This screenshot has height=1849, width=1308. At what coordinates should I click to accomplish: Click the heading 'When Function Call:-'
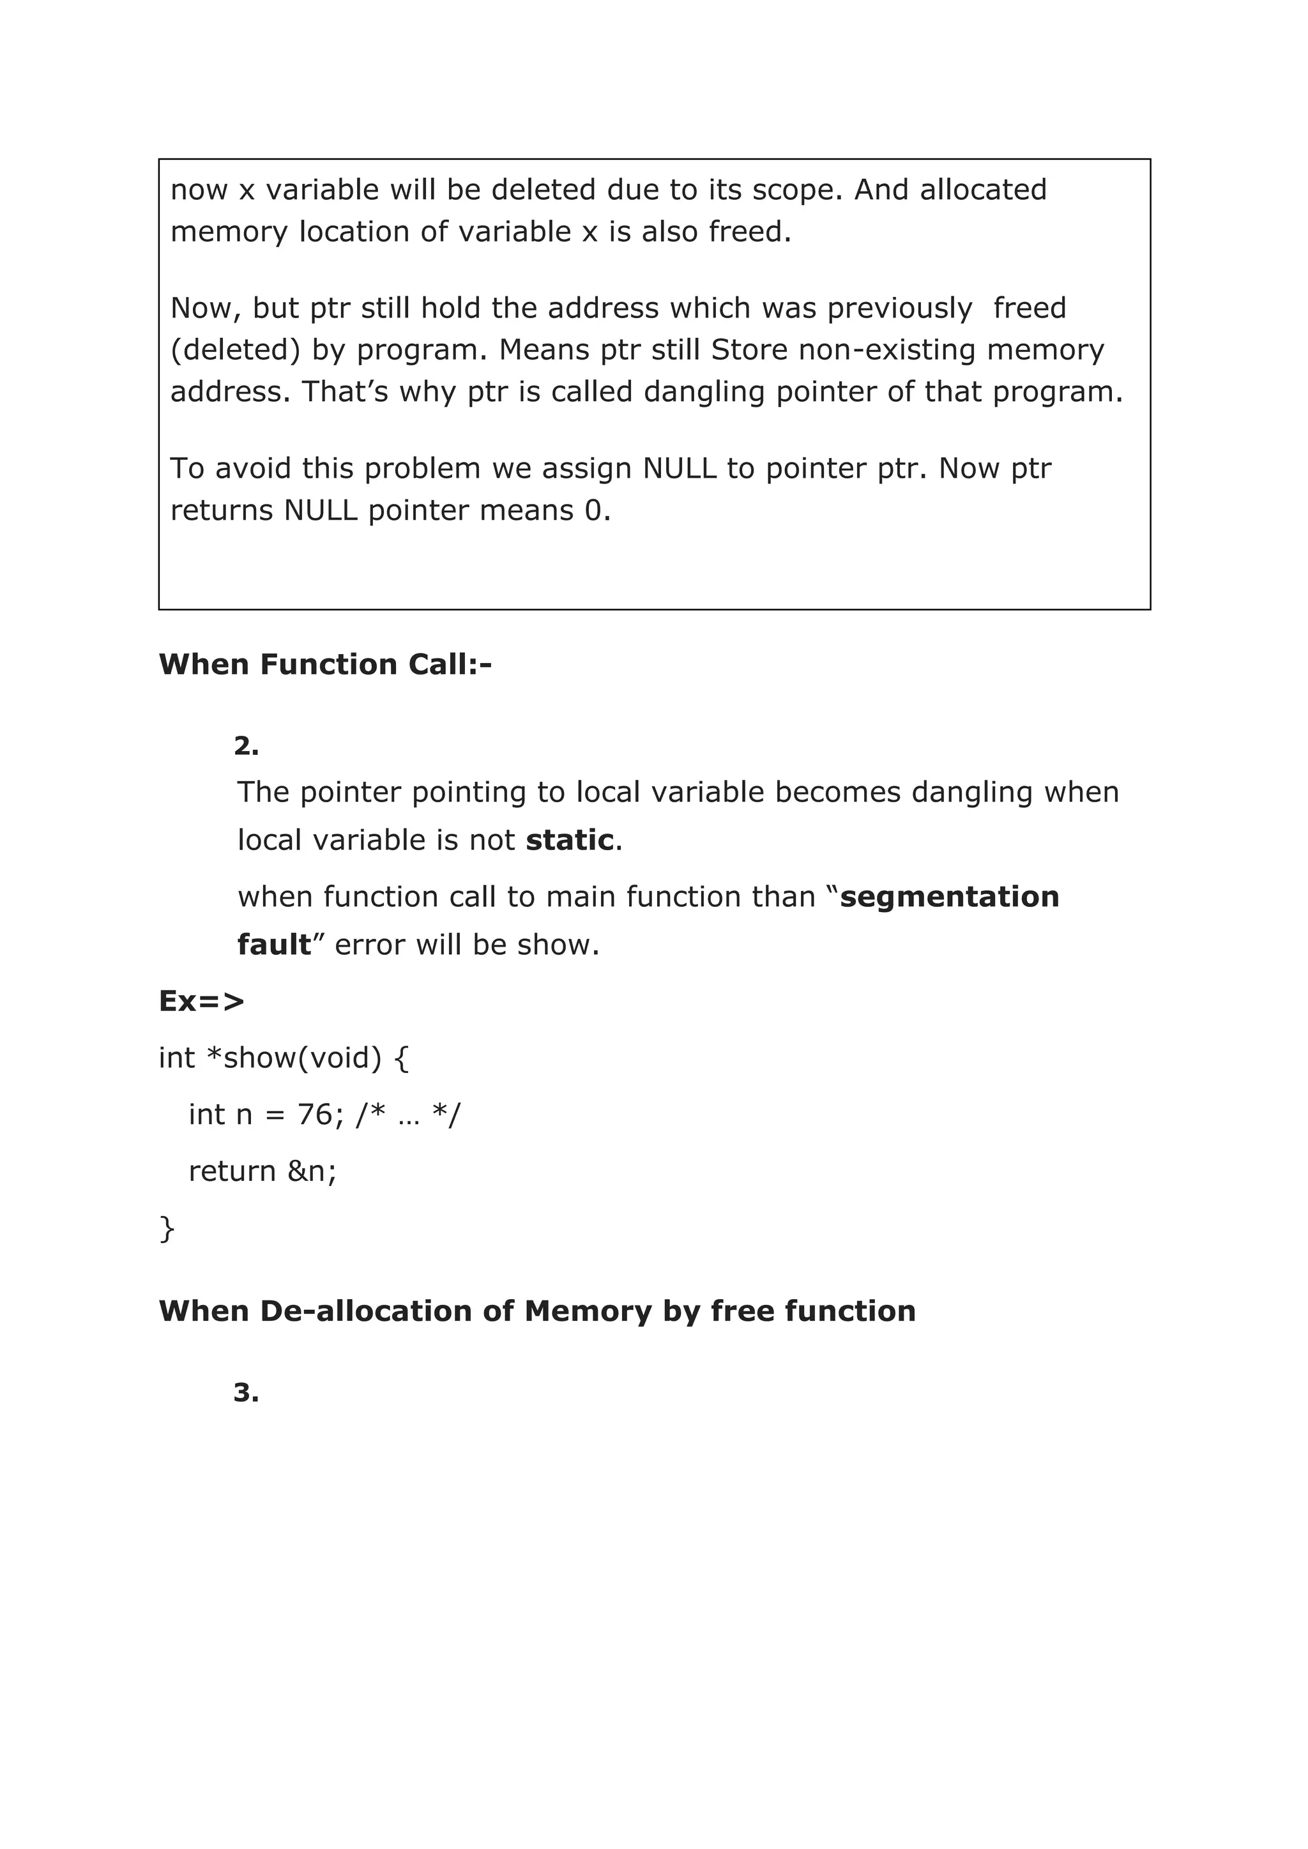(x=324, y=664)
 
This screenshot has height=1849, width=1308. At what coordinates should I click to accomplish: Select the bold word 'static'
(x=570, y=840)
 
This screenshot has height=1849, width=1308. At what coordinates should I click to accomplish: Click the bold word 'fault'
(x=274, y=945)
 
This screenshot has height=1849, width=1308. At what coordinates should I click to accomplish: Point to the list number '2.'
(x=246, y=747)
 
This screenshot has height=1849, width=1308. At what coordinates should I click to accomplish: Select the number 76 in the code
(x=315, y=1115)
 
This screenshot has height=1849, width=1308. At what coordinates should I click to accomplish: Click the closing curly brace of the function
(x=167, y=1229)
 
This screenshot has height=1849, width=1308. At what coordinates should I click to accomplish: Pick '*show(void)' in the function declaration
(x=294, y=1058)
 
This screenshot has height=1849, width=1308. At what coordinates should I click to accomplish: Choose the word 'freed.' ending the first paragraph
(x=750, y=232)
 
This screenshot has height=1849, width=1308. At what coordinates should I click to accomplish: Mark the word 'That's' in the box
(x=346, y=392)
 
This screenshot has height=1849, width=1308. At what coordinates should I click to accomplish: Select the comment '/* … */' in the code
(x=408, y=1115)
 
